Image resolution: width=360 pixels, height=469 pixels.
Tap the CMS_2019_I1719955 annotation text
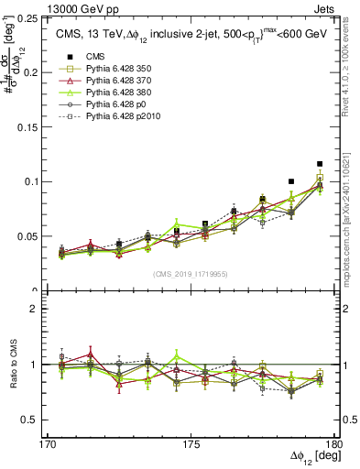point(191,273)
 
